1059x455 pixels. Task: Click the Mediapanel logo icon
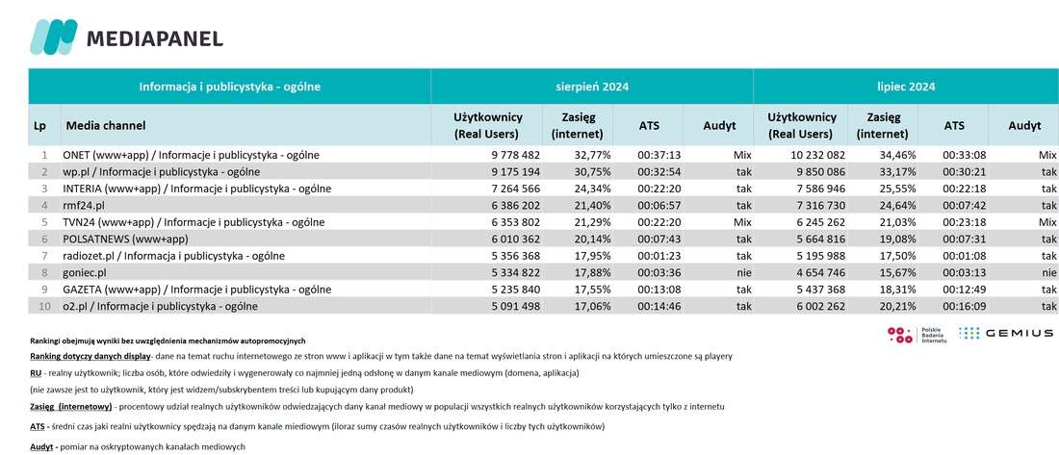coord(53,38)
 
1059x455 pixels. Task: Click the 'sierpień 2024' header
coord(592,87)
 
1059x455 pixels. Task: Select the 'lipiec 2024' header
coord(905,87)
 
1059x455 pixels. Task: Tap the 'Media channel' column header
coord(105,125)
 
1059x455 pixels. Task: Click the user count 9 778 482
coord(515,155)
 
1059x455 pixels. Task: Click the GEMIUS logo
coord(1006,333)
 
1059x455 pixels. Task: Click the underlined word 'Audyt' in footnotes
coord(42,447)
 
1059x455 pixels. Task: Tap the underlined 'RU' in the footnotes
coord(36,372)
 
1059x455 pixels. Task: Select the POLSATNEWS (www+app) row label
coord(125,239)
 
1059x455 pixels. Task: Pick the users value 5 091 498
coord(515,307)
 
